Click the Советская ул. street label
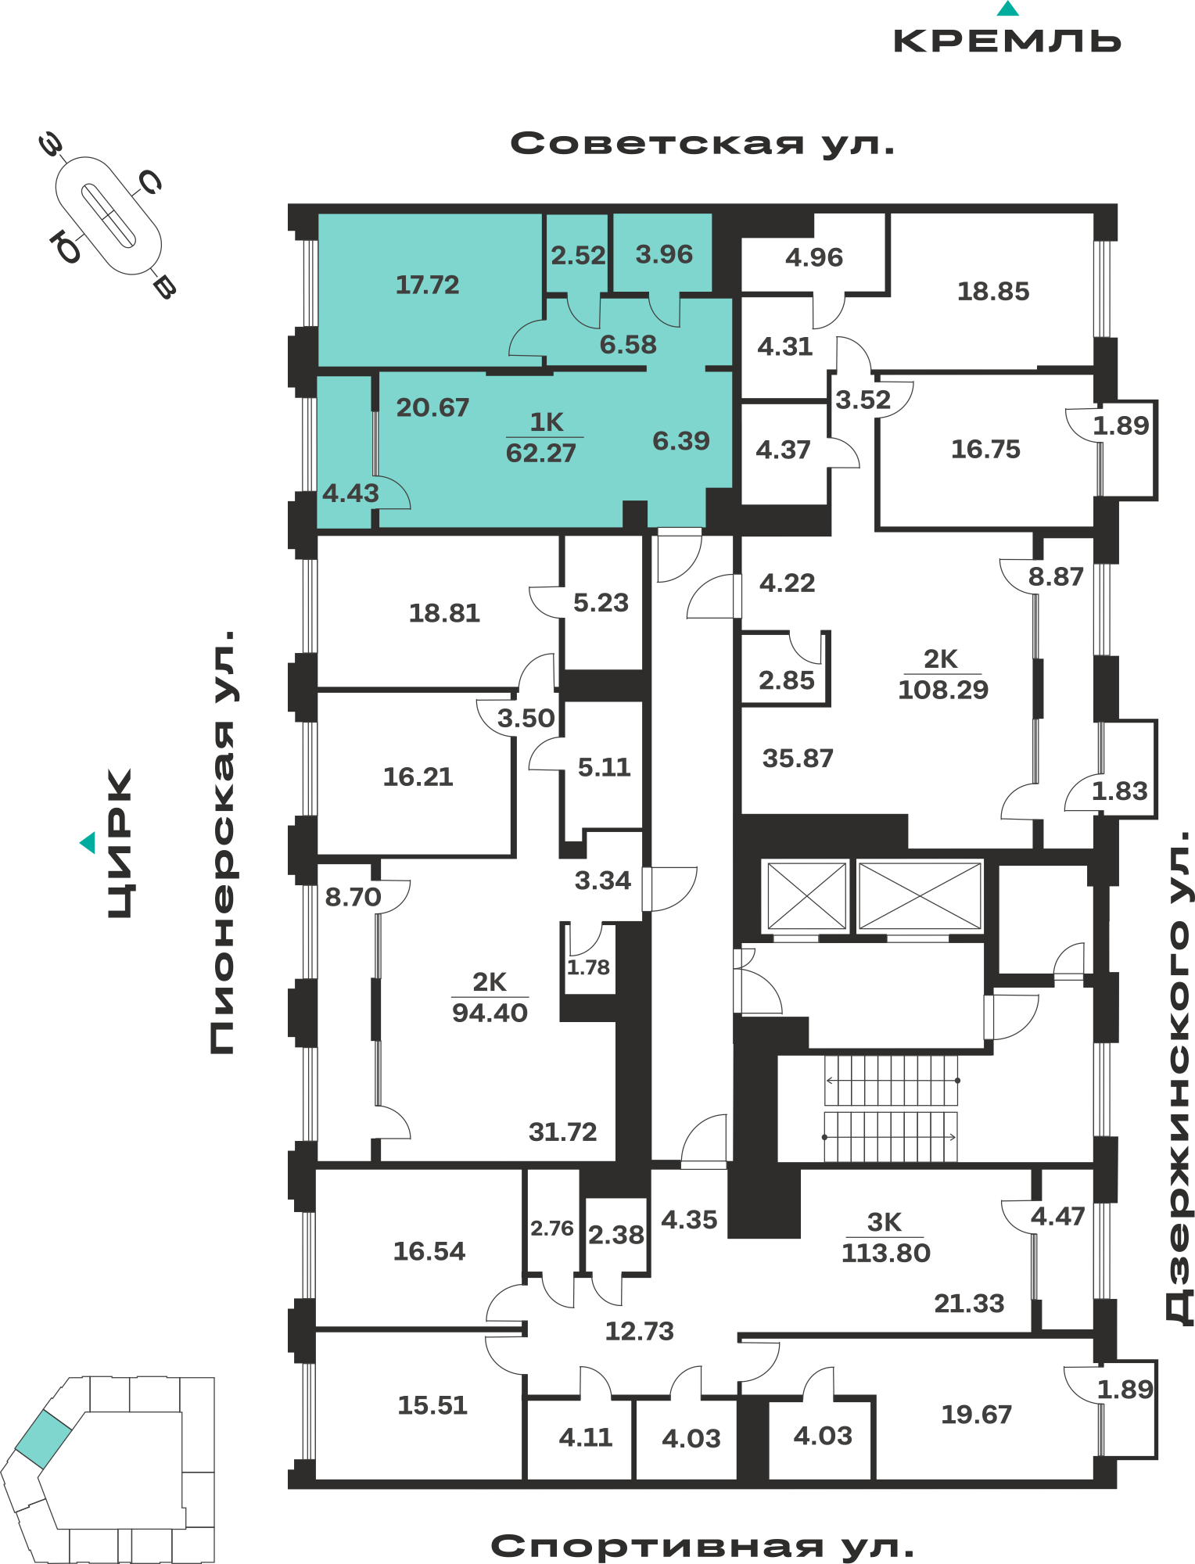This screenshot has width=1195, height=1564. [702, 144]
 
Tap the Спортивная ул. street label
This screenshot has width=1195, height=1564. [702, 1546]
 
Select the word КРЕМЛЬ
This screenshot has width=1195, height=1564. [1007, 41]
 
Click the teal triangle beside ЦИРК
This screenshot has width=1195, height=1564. [88, 842]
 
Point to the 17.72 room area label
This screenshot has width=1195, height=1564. [427, 285]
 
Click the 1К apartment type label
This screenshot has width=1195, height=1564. [546, 422]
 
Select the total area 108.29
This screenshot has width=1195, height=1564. [943, 690]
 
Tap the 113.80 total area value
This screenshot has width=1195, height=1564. [885, 1253]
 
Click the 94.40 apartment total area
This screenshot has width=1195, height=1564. [490, 1013]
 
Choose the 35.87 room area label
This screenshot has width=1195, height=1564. [798, 758]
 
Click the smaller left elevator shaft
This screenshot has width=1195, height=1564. [806, 895]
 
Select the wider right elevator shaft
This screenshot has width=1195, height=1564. [920, 895]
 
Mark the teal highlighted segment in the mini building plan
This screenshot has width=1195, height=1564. [44, 1439]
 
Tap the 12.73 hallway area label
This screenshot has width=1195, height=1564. [639, 1331]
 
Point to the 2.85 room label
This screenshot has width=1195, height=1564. [786, 680]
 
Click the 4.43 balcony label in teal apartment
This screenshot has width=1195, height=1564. [350, 493]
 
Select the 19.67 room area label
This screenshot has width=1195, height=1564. [976, 1414]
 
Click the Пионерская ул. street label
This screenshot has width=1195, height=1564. [223, 841]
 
